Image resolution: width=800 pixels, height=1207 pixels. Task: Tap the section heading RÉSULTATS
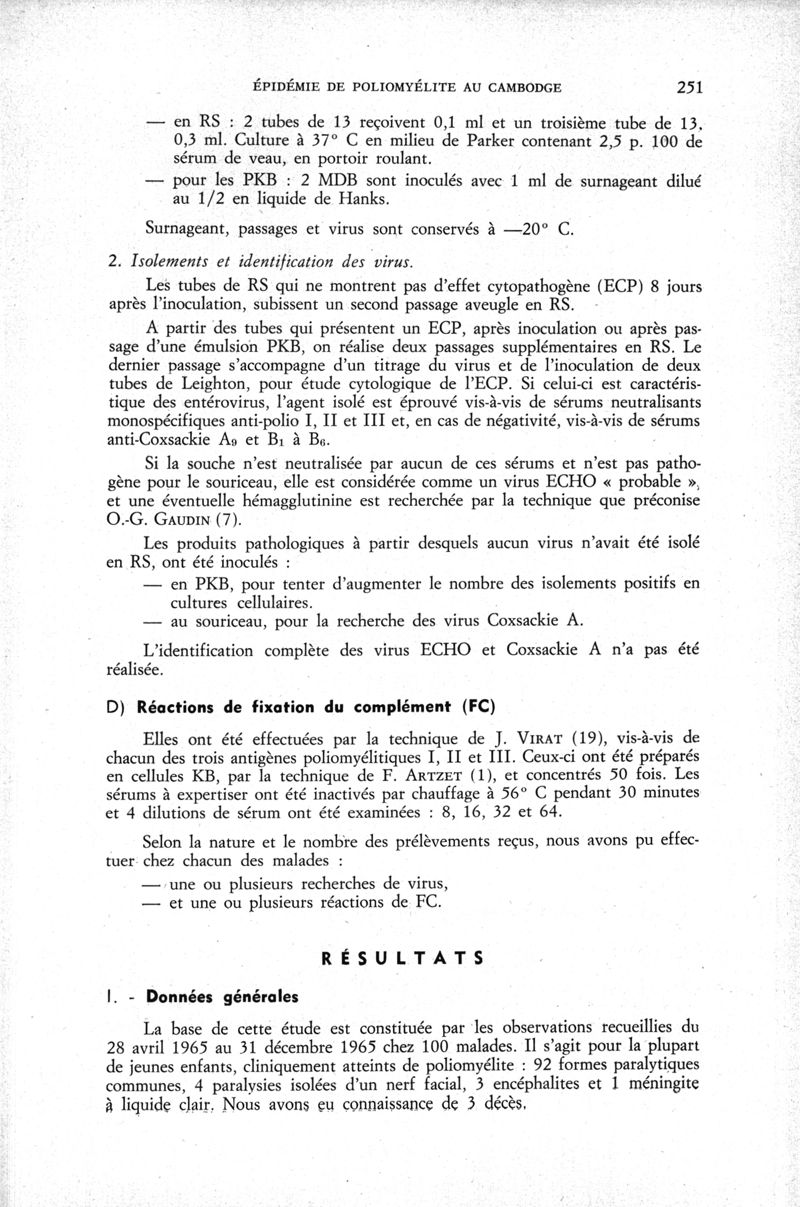[x=403, y=958]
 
